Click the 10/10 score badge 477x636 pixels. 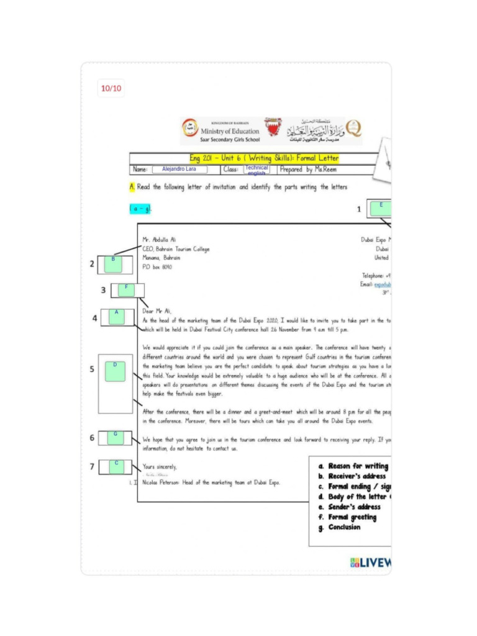tap(111, 89)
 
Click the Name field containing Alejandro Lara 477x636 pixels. tap(179, 169)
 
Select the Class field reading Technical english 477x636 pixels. tap(257, 169)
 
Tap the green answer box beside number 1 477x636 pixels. tap(381, 208)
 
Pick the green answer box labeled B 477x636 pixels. tap(113, 264)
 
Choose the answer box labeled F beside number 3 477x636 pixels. tap(126, 290)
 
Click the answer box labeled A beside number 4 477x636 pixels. tap(116, 317)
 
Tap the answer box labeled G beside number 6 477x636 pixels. tap(115, 437)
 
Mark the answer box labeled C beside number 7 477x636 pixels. tap(116, 466)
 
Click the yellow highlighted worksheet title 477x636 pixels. tap(264, 158)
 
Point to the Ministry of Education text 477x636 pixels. tap(230, 132)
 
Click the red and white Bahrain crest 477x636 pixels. tap(272, 128)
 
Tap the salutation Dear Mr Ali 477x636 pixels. tap(157, 311)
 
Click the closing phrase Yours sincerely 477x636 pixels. tap(160, 466)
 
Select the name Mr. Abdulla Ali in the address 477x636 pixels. tap(159, 239)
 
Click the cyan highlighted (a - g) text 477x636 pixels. tap(140, 209)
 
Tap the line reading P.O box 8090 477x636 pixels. tap(157, 267)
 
